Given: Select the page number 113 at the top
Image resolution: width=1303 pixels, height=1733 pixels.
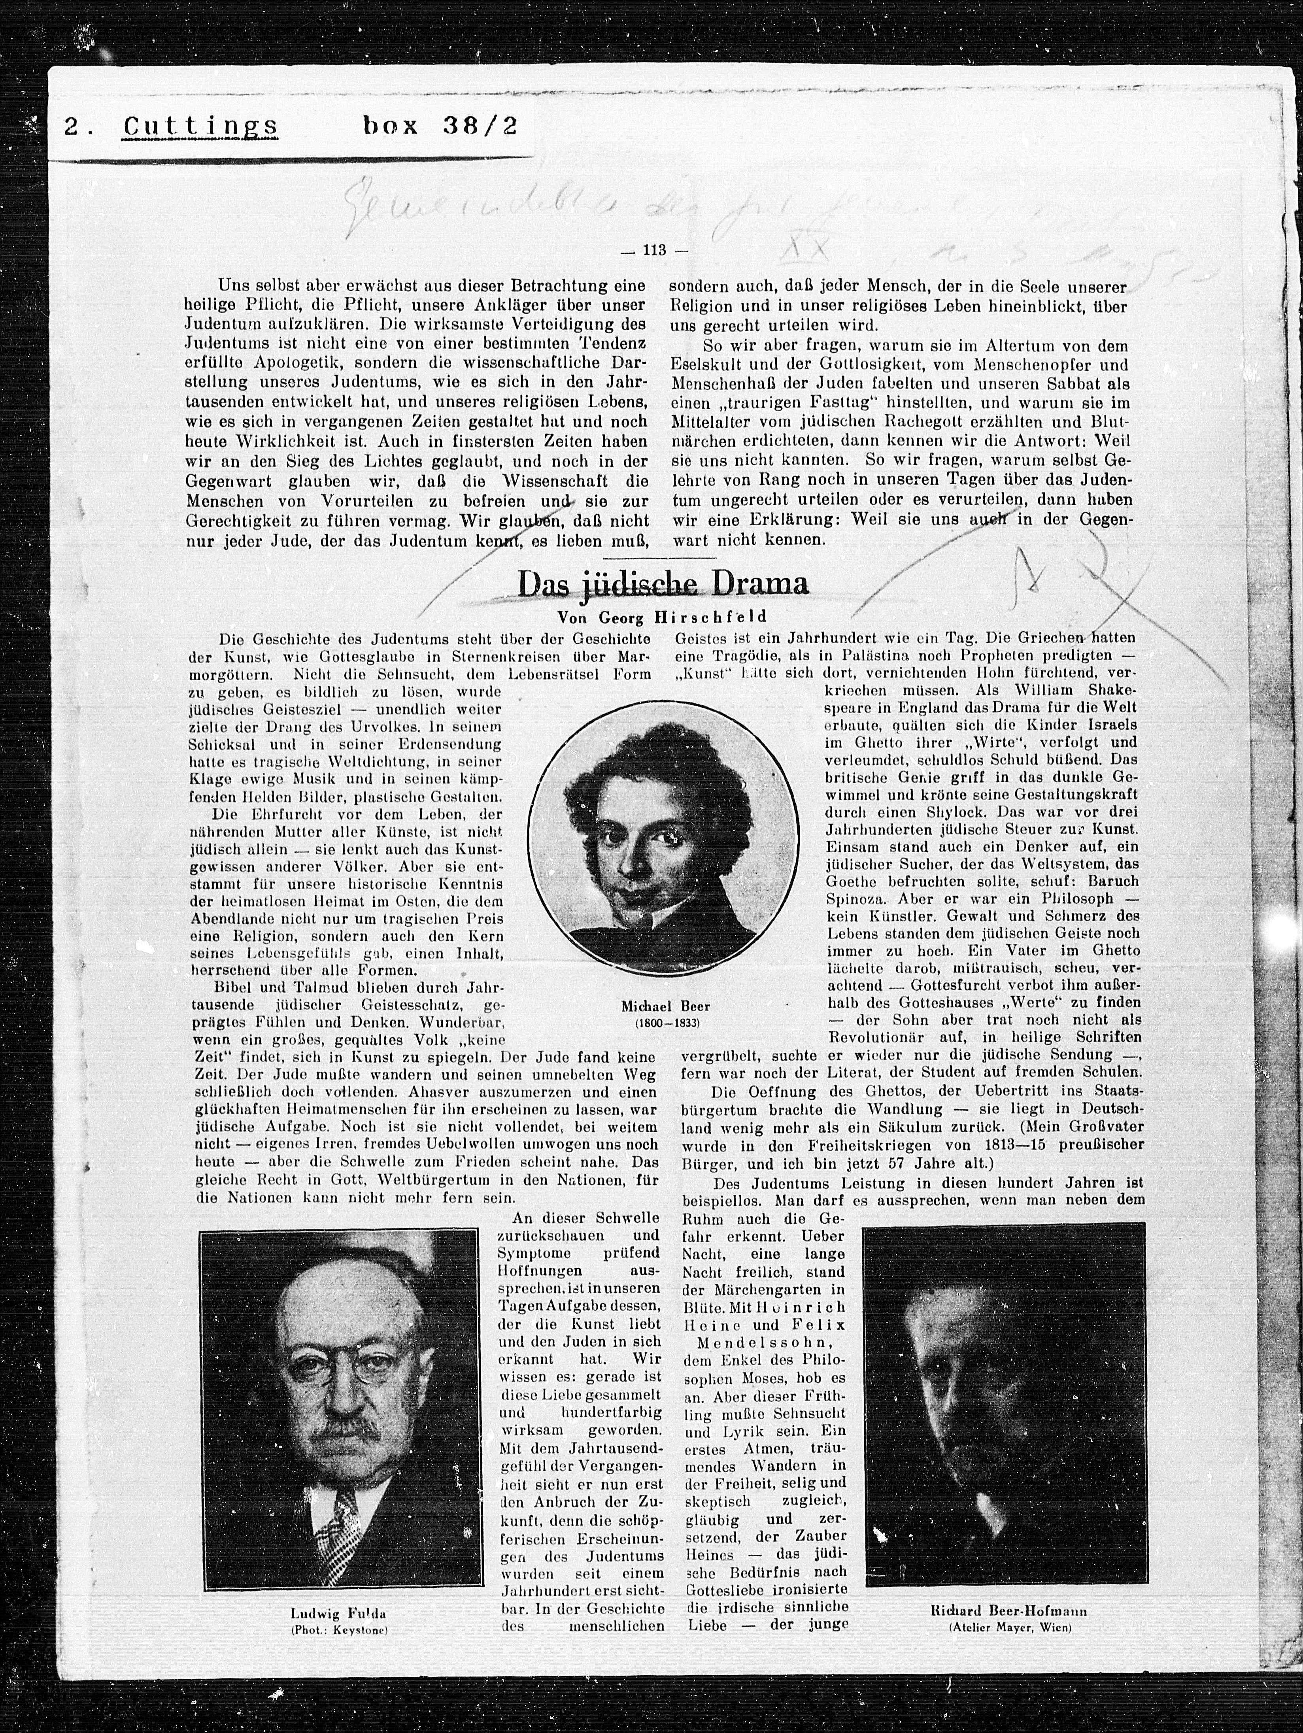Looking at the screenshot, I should (x=653, y=251).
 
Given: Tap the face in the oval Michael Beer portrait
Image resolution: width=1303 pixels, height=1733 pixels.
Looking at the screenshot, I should (x=642, y=846).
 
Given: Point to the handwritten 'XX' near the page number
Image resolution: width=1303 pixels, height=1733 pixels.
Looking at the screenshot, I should (x=807, y=252).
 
